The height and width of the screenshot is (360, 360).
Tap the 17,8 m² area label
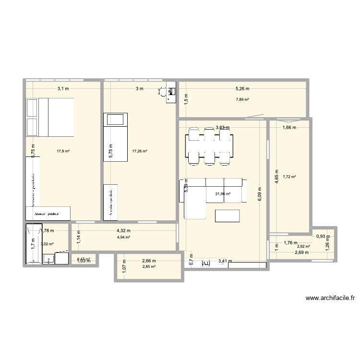pos(63,151)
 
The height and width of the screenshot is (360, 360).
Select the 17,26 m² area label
pos(139,151)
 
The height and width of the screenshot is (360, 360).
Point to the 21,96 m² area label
pos(222,194)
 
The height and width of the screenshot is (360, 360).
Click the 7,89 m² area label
pos(242,99)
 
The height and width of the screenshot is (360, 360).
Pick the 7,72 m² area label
pos(289,177)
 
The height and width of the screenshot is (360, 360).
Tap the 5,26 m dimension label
pos(242,88)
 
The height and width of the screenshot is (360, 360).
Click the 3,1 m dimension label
pos(63,88)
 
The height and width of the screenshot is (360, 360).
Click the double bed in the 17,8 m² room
pos(50,117)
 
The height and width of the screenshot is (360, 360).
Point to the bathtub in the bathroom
pos(33,243)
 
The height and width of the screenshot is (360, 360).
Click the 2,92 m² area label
pos(303,247)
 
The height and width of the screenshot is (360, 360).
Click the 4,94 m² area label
pos(124,237)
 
